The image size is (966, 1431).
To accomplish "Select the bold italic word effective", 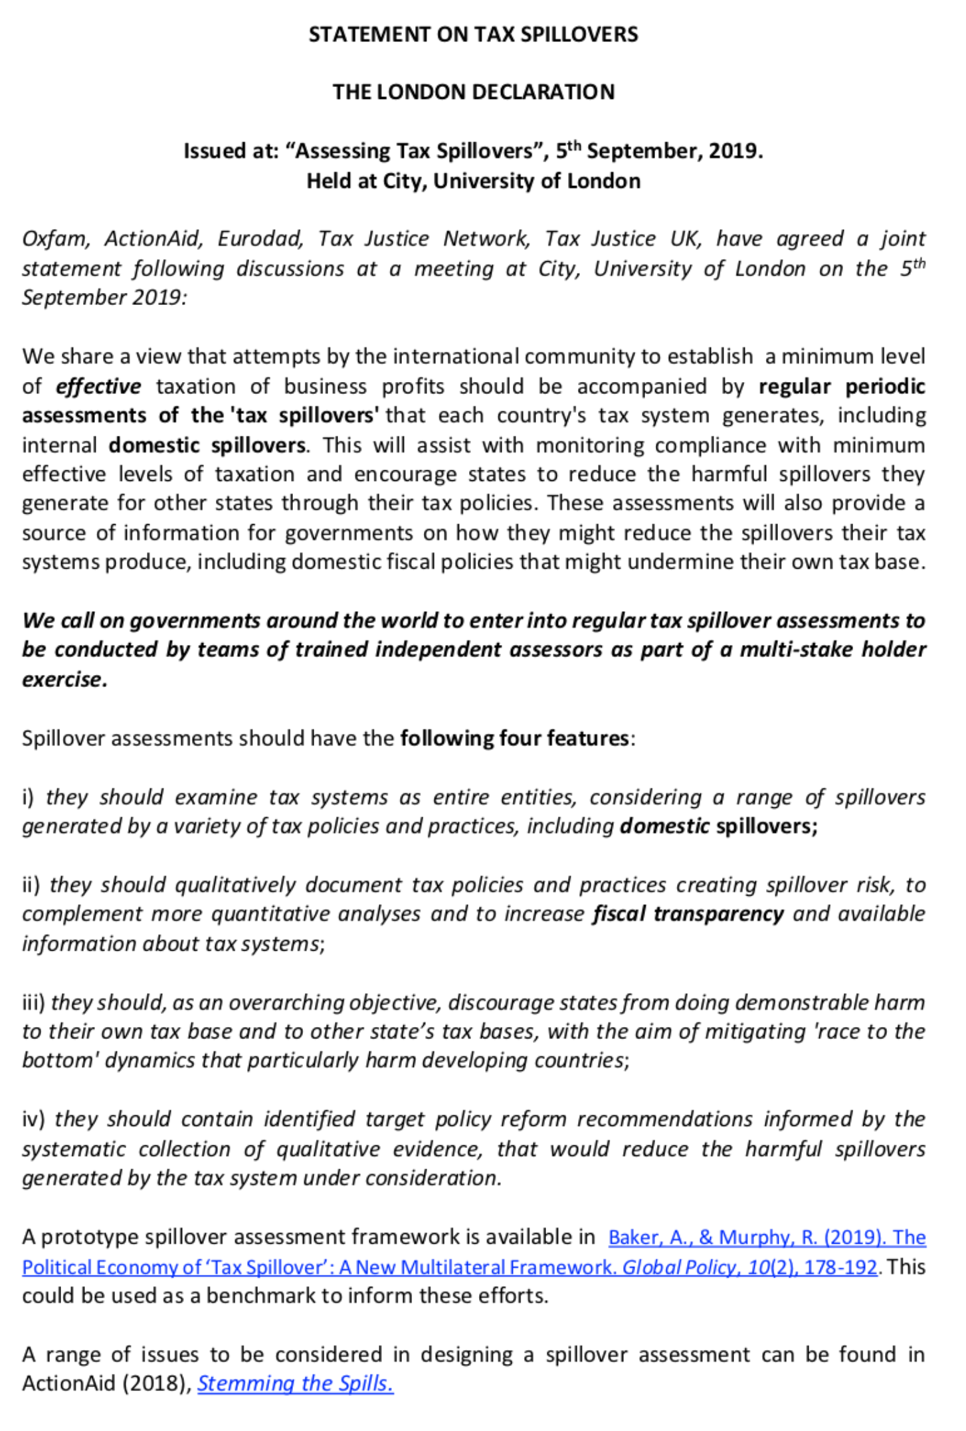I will click(98, 386).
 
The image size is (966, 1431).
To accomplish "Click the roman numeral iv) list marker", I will click(33, 1119).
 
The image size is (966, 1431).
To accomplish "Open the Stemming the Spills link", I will click(296, 1383).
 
